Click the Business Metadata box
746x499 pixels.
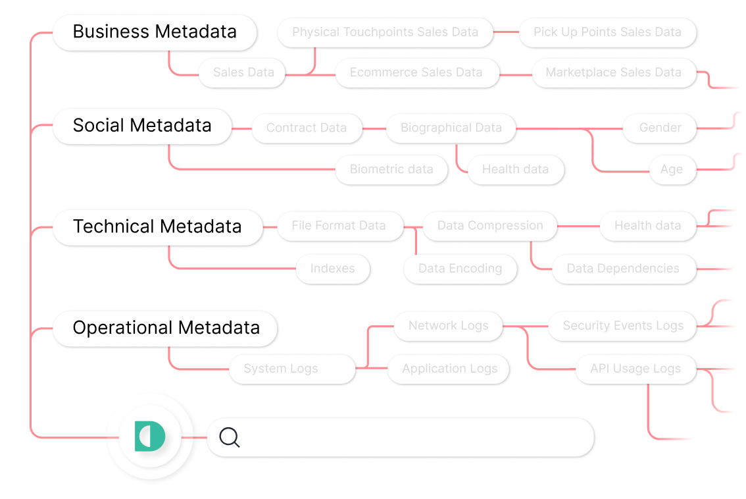155,32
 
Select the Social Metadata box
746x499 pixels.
142,126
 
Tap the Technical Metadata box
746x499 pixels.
157,227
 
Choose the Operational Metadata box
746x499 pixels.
166,328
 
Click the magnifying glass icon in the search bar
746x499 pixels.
230,437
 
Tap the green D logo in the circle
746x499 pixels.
150,436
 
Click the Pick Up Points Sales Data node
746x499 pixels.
607,32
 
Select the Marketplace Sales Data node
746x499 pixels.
613,73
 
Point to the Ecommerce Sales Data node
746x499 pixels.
416,73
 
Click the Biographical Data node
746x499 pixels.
451,128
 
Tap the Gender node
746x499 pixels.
660,128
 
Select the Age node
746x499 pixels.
671,170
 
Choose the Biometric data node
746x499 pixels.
391,170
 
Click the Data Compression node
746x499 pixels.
490,226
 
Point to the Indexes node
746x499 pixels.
332,269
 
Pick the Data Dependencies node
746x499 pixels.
622,269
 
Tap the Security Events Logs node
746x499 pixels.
622,326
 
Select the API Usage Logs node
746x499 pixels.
635,369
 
